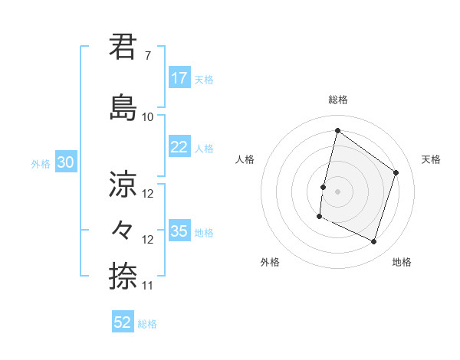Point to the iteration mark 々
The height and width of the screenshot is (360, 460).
coord(123,228)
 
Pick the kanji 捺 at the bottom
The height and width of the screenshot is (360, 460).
coord(123,274)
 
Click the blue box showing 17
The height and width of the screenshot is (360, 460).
coord(179,78)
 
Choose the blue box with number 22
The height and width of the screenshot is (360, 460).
coord(179,147)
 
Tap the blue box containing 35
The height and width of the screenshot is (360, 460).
coord(179,231)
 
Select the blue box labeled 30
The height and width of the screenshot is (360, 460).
coord(65,162)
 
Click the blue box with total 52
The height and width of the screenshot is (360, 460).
coord(123,322)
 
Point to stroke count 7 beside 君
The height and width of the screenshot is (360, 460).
coord(148,56)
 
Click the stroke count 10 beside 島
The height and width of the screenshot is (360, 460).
coord(148,116)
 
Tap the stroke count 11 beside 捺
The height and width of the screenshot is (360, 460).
coord(148,286)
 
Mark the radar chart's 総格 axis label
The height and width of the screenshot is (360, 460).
coord(337,100)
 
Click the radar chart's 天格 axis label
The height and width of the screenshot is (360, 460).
coord(432,159)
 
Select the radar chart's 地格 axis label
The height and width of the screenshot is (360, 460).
coord(402,262)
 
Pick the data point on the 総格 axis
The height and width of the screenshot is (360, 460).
coord(337,130)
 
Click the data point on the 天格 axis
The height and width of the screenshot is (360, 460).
coord(396,172)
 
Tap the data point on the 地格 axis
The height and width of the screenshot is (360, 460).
coord(374,242)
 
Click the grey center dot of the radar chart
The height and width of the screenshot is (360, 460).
coord(337,191)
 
